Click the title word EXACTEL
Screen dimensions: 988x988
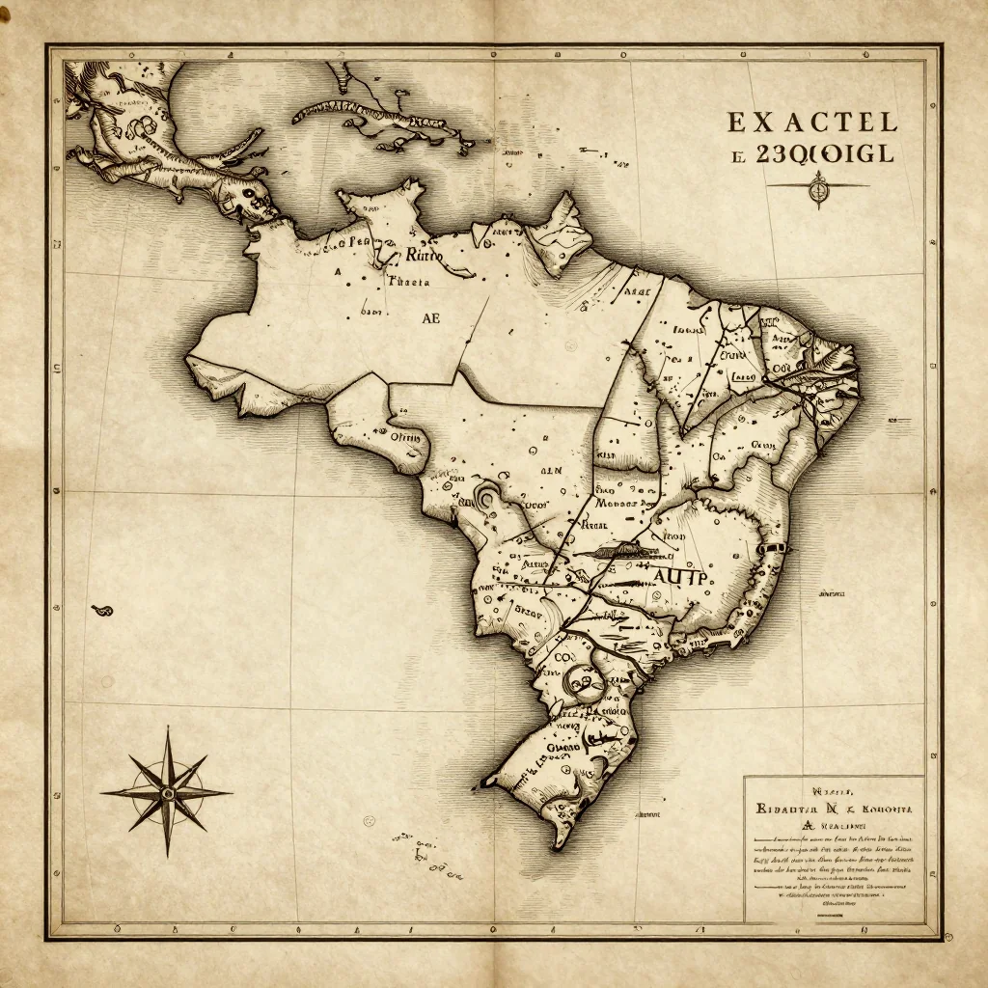[x=810, y=123]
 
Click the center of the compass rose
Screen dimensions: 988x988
[x=166, y=793]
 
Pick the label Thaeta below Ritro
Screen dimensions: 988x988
[x=406, y=283]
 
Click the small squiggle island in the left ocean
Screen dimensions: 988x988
[x=99, y=609]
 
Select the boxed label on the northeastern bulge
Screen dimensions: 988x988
[x=741, y=376]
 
